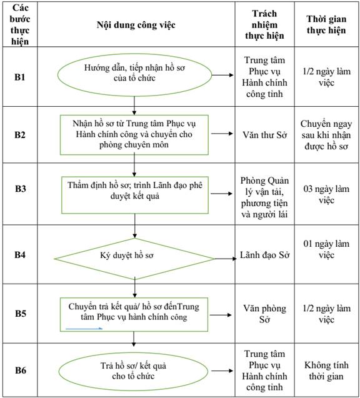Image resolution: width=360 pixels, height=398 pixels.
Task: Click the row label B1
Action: (20, 77)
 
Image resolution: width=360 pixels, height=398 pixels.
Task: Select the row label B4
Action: (20, 254)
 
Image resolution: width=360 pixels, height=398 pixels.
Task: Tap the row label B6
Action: (20, 370)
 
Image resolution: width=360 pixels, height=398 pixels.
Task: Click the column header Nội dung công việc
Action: (136, 25)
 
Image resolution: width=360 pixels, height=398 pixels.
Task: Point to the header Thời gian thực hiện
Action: (326, 24)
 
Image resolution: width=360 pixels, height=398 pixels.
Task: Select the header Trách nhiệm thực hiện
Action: (264, 24)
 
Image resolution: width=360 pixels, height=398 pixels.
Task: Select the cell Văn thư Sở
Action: (264, 135)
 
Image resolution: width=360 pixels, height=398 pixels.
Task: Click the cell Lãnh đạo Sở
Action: (264, 255)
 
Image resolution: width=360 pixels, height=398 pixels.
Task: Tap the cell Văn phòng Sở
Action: (264, 314)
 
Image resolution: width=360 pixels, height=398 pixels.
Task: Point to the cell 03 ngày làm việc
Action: (326, 194)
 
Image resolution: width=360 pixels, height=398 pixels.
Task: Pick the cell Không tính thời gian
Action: (326, 371)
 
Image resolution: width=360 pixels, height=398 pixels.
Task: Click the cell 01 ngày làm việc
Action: (326, 249)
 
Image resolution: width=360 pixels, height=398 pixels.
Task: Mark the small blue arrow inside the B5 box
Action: (84, 329)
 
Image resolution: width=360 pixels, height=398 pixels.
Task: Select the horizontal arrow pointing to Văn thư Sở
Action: (222, 134)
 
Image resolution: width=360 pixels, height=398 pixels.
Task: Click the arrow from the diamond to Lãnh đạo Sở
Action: (226, 259)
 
